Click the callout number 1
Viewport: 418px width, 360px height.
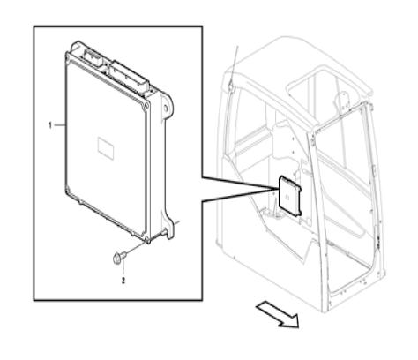pyautogui.click(x=50, y=125)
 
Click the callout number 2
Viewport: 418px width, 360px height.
pyautogui.click(x=123, y=281)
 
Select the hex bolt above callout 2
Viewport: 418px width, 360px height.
pyautogui.click(x=119, y=257)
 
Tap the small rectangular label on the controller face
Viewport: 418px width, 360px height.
pyautogui.click(x=106, y=148)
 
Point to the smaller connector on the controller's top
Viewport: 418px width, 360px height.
pyautogui.click(x=93, y=57)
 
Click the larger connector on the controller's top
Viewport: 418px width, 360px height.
pyautogui.click(x=128, y=77)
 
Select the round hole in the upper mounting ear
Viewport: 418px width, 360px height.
pyautogui.click(x=166, y=108)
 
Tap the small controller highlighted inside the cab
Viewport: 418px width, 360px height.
pyautogui.click(x=290, y=196)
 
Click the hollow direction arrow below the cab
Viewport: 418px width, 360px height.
pyautogui.click(x=278, y=314)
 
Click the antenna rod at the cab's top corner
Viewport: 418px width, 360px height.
pyautogui.click(x=234, y=66)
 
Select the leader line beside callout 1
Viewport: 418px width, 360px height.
pyautogui.click(x=60, y=125)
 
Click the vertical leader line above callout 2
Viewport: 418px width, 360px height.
pyautogui.click(x=123, y=267)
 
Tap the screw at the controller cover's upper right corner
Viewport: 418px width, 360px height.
pyautogui.click(x=145, y=107)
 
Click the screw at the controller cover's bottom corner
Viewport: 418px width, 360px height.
pyautogui.click(x=146, y=237)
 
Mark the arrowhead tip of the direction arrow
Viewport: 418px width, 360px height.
pyautogui.click(x=299, y=327)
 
